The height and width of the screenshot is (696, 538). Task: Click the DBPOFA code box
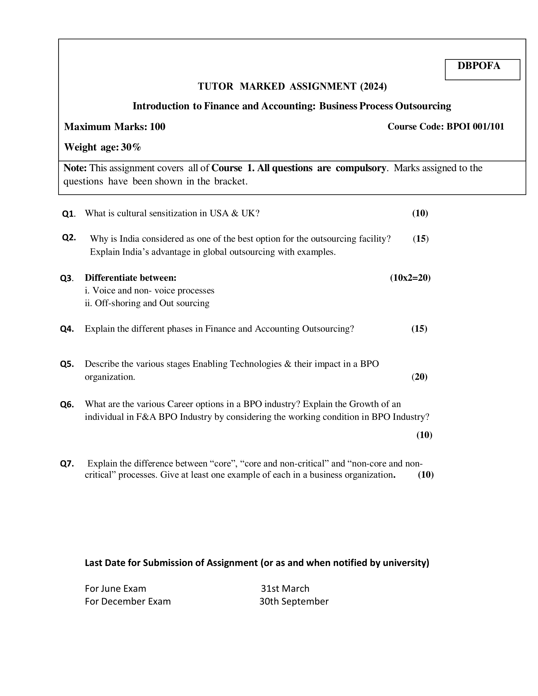coord(482,69)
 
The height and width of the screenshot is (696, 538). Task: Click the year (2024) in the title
coord(373,86)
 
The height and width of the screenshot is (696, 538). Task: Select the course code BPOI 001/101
coord(475,127)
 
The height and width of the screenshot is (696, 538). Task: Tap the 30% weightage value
coord(131,147)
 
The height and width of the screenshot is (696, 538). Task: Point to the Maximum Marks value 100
coord(158,127)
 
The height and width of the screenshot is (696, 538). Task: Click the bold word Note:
coord(75,168)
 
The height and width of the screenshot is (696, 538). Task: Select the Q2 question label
coord(69,237)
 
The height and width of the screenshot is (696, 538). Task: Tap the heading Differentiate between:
coord(130,277)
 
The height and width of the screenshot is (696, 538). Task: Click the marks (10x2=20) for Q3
coord(410,277)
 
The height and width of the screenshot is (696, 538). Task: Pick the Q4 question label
coord(67,329)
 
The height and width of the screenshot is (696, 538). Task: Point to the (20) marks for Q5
coord(419,377)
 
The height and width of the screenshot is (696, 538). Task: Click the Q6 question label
coord(67,404)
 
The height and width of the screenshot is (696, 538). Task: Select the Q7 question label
coord(67,463)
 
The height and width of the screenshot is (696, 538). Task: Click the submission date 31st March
coord(285,588)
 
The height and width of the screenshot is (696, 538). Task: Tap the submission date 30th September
coord(294,601)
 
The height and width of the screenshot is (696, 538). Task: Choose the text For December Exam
coord(128,601)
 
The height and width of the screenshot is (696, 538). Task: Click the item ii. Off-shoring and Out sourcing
coord(147,303)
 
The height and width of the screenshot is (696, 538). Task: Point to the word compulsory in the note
coord(360,168)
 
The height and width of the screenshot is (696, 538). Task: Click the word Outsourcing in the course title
coord(423,106)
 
